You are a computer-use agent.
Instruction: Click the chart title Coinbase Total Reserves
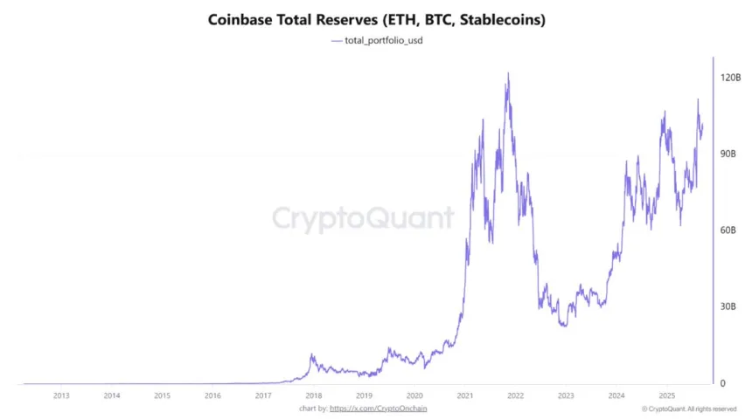point(376,18)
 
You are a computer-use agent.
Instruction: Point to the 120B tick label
point(732,78)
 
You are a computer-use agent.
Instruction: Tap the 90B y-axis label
point(730,154)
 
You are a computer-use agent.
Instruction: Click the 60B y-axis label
point(730,230)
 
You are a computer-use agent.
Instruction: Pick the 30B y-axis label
point(730,307)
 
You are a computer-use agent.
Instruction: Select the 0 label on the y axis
point(723,383)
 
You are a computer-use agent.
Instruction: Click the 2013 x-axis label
point(61,395)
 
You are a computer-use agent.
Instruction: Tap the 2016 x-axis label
point(212,395)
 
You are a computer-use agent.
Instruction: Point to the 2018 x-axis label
point(313,395)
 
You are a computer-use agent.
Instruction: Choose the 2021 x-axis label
point(465,395)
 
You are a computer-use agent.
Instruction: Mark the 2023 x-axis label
point(566,395)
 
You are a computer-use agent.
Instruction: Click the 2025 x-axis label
point(666,395)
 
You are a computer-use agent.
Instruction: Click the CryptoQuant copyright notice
point(688,408)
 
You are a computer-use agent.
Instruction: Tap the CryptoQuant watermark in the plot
point(362,218)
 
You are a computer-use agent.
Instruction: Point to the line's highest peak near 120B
point(508,73)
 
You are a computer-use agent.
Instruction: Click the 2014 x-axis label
point(112,395)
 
